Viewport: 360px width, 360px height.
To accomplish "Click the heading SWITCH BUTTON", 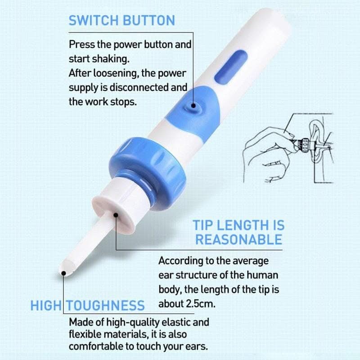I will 121,20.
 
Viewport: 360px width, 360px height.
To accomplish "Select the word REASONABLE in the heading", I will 238,239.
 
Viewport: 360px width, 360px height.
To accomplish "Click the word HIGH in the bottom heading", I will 45,306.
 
